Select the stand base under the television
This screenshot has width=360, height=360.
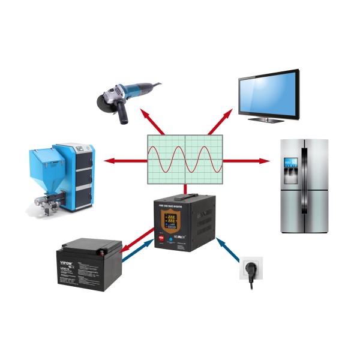[x=267, y=119]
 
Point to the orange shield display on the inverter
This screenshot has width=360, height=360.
[x=170, y=221]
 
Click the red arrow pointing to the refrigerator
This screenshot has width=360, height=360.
[x=246, y=161]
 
